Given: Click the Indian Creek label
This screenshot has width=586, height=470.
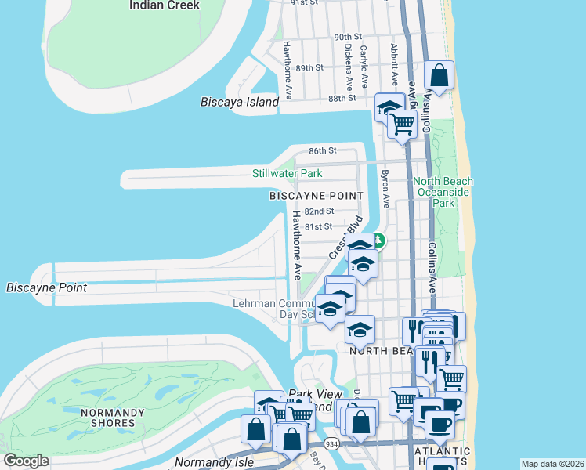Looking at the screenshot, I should pyautogui.click(x=164, y=5).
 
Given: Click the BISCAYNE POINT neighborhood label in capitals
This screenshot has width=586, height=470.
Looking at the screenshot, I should pyautogui.click(x=317, y=196).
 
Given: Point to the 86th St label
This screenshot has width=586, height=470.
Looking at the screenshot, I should pyautogui.click(x=322, y=150).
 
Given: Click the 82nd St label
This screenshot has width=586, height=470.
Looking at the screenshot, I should pyautogui.click(x=319, y=211).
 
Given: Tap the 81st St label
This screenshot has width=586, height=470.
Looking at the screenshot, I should pyautogui.click(x=319, y=226).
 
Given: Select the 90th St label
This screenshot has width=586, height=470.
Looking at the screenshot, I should pyautogui.click(x=347, y=37).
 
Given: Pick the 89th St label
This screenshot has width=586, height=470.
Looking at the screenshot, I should pyautogui.click(x=309, y=67).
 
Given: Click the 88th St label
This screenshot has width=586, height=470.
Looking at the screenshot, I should pyautogui.click(x=342, y=98).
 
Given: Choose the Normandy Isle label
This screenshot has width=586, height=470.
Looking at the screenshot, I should pyautogui.click(x=204, y=462).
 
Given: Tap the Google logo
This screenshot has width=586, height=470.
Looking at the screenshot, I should pyautogui.click(x=26, y=461).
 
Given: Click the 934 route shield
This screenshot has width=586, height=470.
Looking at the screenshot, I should pyautogui.click(x=332, y=444).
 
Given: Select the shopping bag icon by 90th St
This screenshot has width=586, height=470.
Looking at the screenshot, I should pyautogui.click(x=439, y=77).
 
